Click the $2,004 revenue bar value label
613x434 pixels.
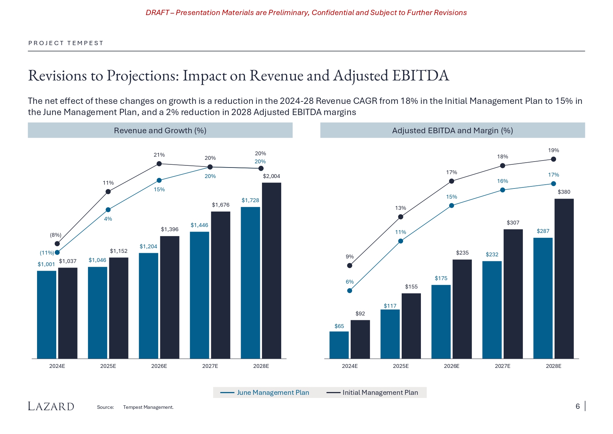271,176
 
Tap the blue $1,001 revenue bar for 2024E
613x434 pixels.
46,314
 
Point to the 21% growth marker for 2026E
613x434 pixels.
159,164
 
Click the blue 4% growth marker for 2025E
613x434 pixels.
108,210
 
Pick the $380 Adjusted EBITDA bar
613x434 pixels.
564,278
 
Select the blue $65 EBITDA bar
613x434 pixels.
339,345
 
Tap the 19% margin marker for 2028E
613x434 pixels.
553,159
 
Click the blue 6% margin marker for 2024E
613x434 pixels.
350,291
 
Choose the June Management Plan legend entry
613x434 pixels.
265,392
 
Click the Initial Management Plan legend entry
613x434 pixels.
373,392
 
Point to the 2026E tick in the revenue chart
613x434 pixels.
159,366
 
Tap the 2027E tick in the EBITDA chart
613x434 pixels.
502,366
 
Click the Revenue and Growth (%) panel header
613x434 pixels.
160,130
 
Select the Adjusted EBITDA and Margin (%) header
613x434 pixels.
452,130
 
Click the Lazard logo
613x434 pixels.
51,406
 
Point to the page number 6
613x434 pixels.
578,406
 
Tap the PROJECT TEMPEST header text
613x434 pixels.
66,43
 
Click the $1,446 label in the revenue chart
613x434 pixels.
199,225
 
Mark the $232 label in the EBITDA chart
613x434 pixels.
492,255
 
